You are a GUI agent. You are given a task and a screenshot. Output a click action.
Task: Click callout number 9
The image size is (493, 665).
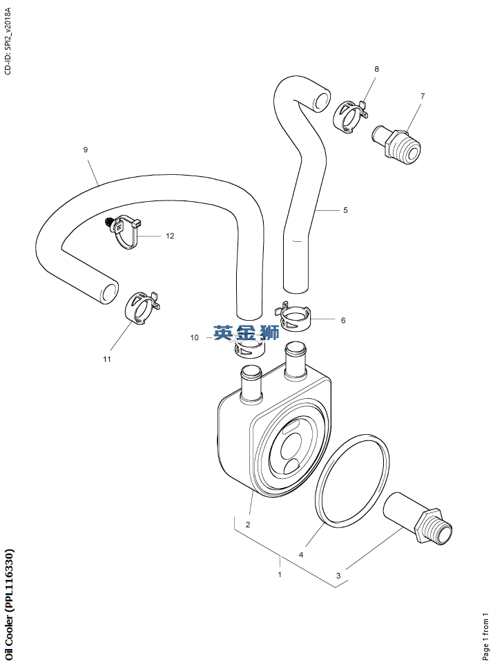[x=85, y=149]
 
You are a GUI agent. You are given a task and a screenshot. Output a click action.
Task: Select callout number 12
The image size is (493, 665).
[x=170, y=236]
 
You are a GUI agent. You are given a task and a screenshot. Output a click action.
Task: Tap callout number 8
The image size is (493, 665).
[x=376, y=69]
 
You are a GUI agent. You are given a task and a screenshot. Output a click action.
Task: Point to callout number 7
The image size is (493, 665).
[x=423, y=96]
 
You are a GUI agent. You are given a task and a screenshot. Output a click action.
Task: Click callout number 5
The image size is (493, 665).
[x=345, y=209]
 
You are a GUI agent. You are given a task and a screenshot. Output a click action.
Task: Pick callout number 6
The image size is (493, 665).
[x=342, y=320]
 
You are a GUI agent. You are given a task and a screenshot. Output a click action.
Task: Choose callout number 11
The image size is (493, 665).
[x=107, y=359]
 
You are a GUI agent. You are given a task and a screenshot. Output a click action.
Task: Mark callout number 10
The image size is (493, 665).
[x=195, y=337]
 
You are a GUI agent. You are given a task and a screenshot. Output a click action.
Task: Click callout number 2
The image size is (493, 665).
[x=248, y=524]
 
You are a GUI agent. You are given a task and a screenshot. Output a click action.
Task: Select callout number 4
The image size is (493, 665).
[x=301, y=554]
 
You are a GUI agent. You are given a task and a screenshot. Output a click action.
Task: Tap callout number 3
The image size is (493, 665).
[x=338, y=575]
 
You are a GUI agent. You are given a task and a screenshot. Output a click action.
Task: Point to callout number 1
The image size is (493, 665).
[x=280, y=574]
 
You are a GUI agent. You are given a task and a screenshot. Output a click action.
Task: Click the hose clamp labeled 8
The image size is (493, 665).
[x=349, y=115]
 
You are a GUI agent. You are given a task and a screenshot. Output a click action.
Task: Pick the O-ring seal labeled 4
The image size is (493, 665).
[x=353, y=480]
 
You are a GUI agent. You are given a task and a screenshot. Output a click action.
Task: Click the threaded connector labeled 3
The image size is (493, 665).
[x=418, y=521]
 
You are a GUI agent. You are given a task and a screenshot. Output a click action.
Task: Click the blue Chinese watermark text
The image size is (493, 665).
[x=246, y=332]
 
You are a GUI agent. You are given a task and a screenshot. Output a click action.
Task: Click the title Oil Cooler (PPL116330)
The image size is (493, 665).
[x=9, y=599]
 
